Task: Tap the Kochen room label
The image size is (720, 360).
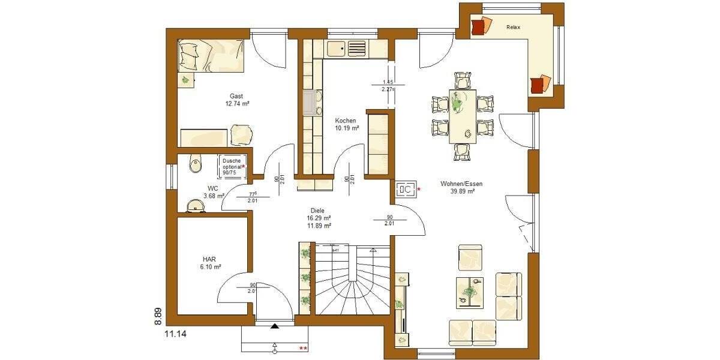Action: (346, 121)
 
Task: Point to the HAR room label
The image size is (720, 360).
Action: (209, 258)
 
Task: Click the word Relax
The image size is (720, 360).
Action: (513, 28)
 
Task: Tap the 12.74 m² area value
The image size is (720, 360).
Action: (237, 104)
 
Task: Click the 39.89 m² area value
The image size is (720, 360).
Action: (463, 192)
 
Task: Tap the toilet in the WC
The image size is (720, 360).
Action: (194, 162)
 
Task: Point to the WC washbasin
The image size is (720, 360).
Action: (195, 206)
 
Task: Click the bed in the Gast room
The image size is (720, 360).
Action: (210, 56)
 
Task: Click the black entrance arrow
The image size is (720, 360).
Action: (275, 326)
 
